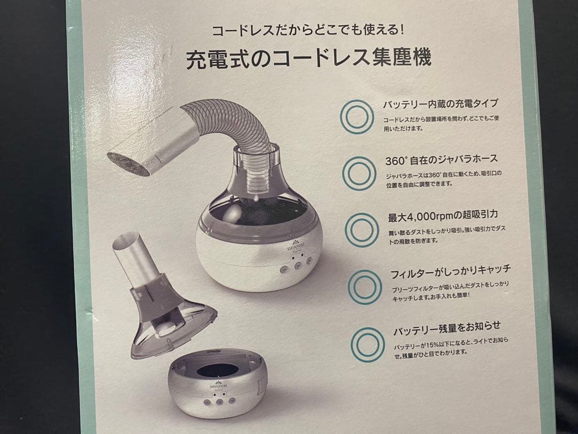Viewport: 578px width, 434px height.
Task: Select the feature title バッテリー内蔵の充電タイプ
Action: pyautogui.click(x=440, y=104)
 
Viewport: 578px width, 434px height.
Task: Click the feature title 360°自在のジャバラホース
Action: pyautogui.click(x=442, y=160)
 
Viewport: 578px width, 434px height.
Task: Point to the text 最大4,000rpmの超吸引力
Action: pyautogui.click(x=445, y=217)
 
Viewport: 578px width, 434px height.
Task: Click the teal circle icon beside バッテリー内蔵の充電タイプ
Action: pyautogui.click(x=357, y=116)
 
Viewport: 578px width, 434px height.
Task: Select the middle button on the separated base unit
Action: pyautogui.click(x=219, y=401)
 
